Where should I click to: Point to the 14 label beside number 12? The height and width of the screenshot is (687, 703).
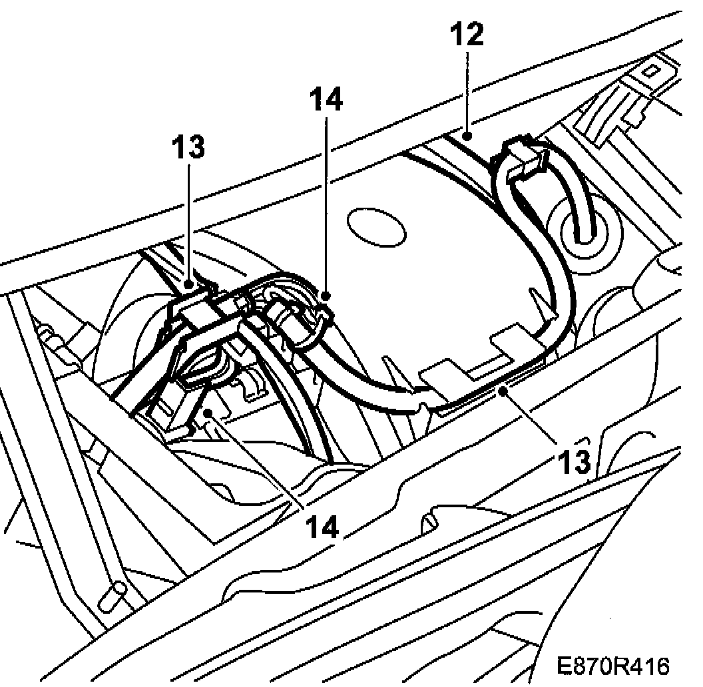pos(326,99)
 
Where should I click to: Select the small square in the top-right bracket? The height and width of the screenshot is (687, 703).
pos(652,69)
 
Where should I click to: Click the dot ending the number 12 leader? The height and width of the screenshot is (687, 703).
pos(468,137)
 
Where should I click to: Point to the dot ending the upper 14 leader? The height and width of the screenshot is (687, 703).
pos(326,294)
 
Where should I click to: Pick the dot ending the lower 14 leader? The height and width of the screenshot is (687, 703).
pos(209,413)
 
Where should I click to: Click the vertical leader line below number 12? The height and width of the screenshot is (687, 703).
pos(468,93)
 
